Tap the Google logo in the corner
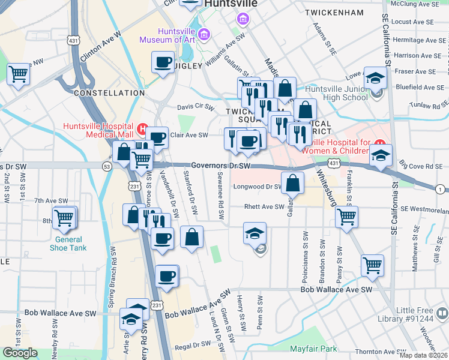tap(20, 353)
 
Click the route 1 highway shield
tap(441, 189)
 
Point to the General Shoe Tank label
tap(67, 244)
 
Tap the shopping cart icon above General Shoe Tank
tap(64, 218)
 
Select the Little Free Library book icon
tap(441, 313)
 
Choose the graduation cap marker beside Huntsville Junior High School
tap(376, 79)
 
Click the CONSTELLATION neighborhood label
tap(109, 93)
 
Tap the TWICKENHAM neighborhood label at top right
tap(334, 12)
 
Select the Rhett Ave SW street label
tap(264, 207)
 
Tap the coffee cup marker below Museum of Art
tap(163, 62)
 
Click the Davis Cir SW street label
tap(195, 107)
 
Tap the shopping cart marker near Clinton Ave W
tap(18, 74)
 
